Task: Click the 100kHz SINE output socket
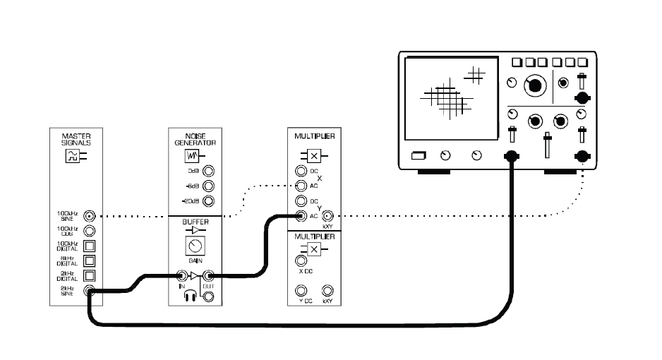[90, 215]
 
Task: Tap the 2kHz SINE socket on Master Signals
[90, 290]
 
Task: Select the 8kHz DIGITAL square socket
[90, 260]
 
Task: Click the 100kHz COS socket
[90, 231]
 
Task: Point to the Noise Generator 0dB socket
[209, 172]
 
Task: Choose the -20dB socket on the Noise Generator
[209, 201]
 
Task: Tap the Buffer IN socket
[181, 276]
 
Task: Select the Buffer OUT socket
[208, 276]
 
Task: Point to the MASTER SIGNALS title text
[76, 137]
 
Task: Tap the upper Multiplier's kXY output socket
[327, 215]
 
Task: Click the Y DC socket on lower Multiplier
[301, 290]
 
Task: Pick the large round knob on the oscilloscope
[536, 85]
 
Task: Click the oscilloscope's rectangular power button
[420, 155]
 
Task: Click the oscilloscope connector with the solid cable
[510, 156]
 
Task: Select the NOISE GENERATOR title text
[195, 137]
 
